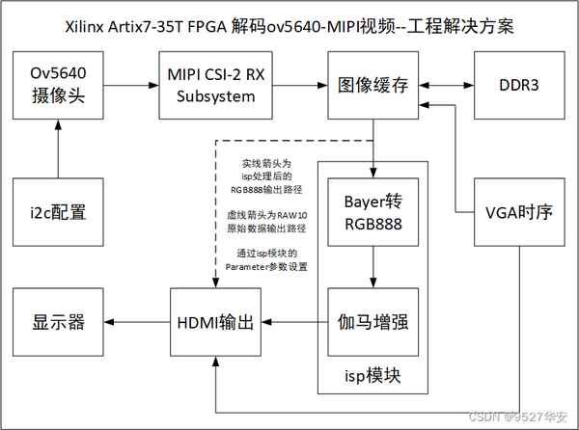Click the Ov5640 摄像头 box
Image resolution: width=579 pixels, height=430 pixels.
pos(58,86)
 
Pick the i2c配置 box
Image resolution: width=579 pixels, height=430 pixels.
pos(58,211)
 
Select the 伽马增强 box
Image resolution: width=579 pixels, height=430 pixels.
pos(370,322)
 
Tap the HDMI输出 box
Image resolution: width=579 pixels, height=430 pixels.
pos(217,322)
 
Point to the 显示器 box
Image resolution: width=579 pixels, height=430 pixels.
pos(58,322)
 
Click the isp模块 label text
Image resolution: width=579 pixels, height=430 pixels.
pos(370,374)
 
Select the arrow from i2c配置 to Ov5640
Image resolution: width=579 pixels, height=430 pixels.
pos(58,148)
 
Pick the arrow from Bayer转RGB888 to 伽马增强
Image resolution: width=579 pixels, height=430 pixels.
pos(370,267)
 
